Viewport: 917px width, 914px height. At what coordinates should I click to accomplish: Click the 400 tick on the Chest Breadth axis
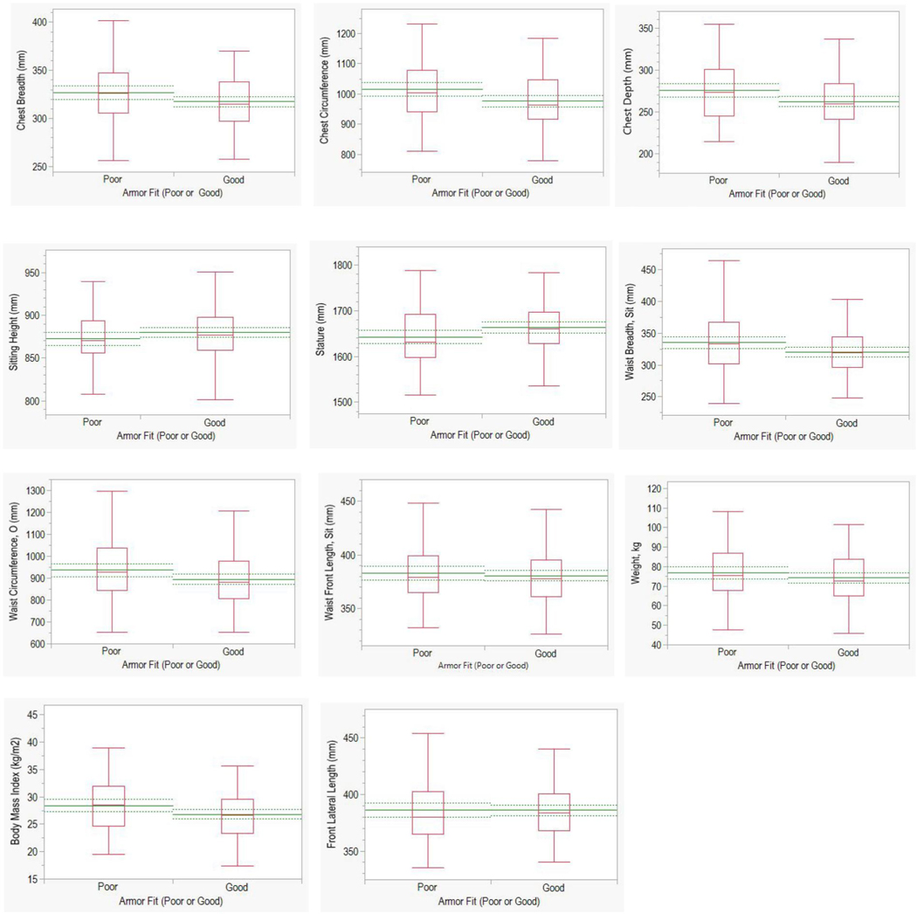pos(39,21)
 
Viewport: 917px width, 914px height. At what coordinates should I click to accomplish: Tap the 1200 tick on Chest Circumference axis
pos(344,34)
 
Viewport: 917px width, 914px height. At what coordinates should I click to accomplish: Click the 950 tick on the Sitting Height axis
pos(31,274)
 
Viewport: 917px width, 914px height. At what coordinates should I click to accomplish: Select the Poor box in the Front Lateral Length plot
pos(428,813)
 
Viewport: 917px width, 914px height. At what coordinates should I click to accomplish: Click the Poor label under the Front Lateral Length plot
pos(428,888)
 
